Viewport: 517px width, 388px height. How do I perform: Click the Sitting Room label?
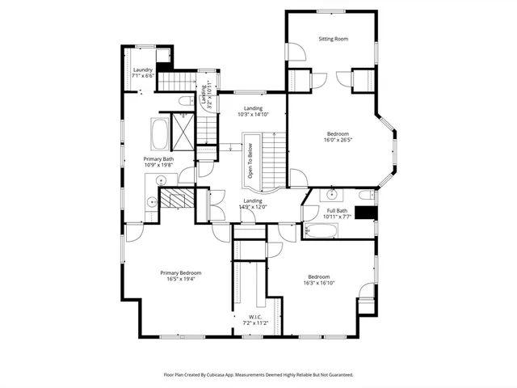(333, 39)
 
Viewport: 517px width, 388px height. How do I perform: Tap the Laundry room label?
(142, 70)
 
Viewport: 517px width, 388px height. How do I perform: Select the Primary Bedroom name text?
(180, 273)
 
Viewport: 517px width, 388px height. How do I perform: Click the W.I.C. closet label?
(255, 316)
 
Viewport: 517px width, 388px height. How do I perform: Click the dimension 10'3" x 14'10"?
(253, 115)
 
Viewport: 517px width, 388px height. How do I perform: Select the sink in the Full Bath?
(332, 195)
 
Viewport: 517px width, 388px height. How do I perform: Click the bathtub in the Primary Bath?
(159, 129)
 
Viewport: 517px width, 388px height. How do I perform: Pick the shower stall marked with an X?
(184, 131)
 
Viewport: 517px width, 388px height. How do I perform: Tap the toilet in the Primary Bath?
(185, 101)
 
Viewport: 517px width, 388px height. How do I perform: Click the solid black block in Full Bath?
(367, 213)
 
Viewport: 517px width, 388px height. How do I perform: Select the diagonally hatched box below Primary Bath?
(175, 199)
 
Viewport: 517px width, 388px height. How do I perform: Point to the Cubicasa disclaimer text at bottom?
(258, 374)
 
